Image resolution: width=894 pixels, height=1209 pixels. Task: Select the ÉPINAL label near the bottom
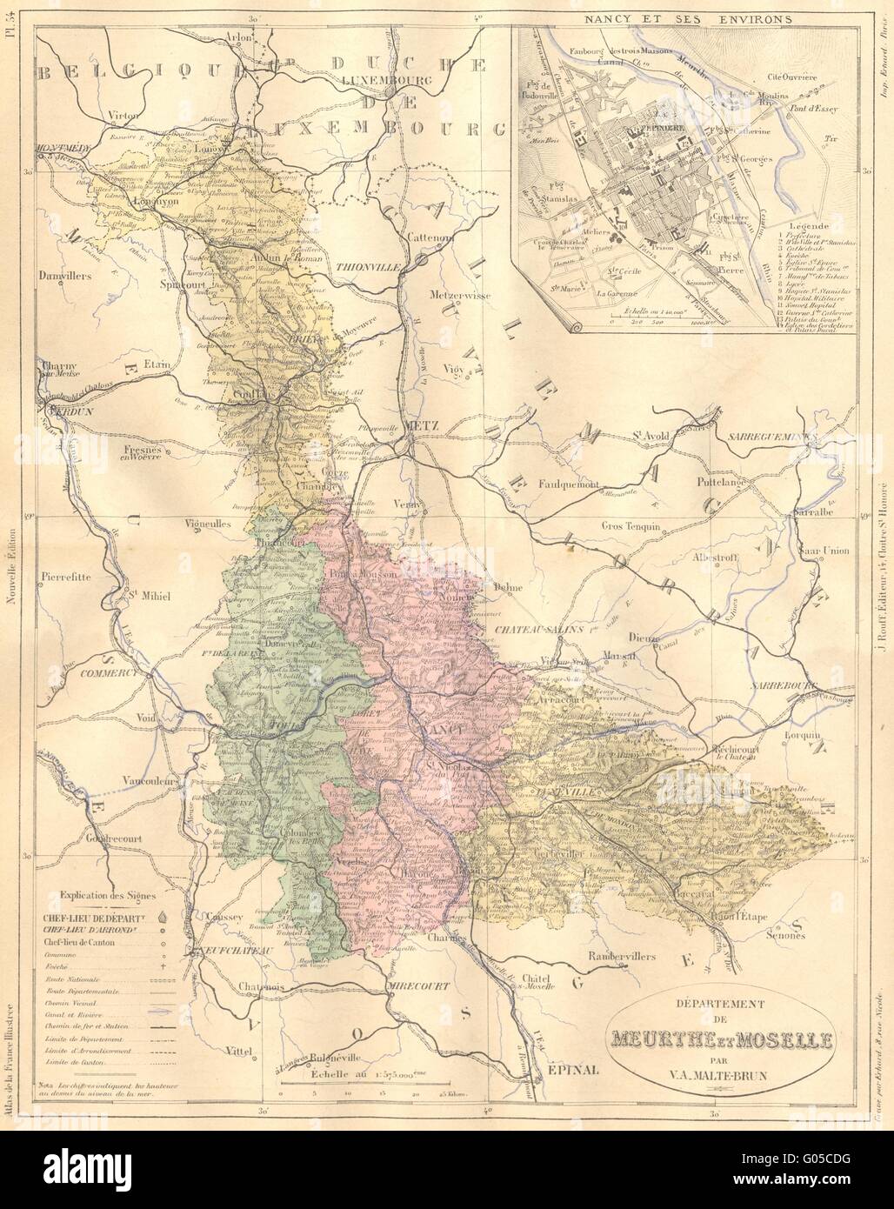coord(574,1071)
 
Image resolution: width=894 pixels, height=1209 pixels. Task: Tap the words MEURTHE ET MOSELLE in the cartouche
coord(722,1039)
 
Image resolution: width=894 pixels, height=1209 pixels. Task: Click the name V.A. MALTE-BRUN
coord(723,1076)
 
